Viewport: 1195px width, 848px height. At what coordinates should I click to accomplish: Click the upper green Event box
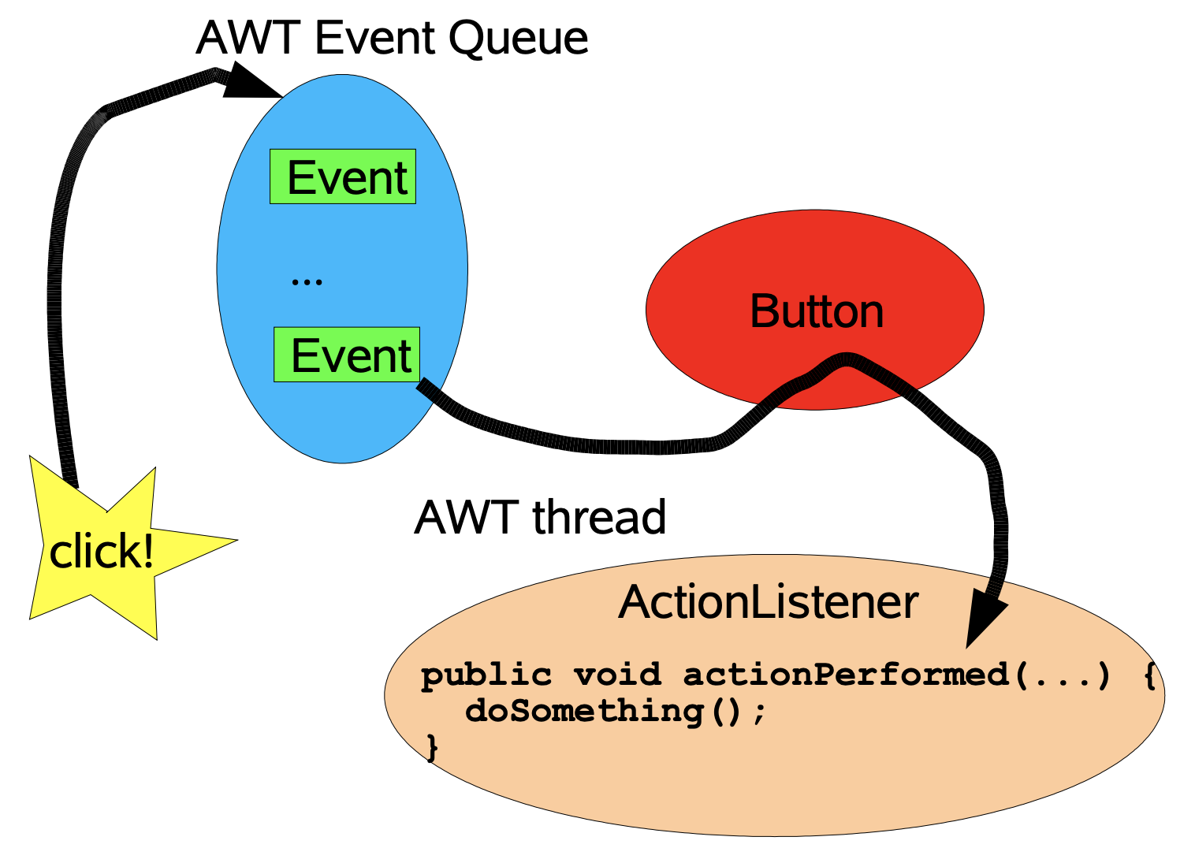coord(343,177)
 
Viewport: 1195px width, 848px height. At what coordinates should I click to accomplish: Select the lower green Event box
coord(347,355)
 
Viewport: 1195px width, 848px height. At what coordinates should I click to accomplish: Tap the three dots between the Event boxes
coord(307,281)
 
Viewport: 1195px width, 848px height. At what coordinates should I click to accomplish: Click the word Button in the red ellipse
coord(817,311)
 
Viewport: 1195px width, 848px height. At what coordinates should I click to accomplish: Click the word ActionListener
coord(769,602)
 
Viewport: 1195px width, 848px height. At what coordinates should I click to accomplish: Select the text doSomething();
coord(616,712)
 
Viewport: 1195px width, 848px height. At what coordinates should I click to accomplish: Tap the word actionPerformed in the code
coord(846,675)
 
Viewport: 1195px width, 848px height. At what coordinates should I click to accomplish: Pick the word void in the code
coord(617,675)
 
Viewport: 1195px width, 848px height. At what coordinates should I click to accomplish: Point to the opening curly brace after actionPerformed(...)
coord(1150,676)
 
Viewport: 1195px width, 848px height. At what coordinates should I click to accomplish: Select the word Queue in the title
coord(519,39)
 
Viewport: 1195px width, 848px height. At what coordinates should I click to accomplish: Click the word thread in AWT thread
coord(599,516)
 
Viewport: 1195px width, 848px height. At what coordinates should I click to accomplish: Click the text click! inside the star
coord(101,550)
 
